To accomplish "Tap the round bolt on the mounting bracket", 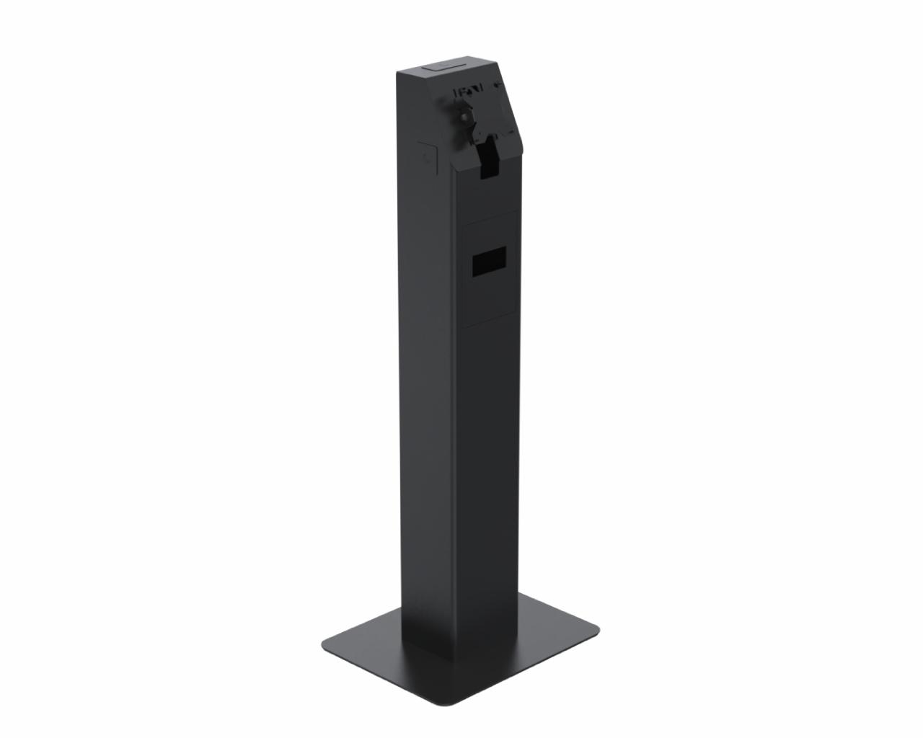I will pyautogui.click(x=464, y=113).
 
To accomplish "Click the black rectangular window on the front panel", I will pyautogui.click(x=488, y=260).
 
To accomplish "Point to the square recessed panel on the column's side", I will pyautogui.click(x=426, y=153).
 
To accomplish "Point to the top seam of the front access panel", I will pyautogui.click(x=487, y=212).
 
